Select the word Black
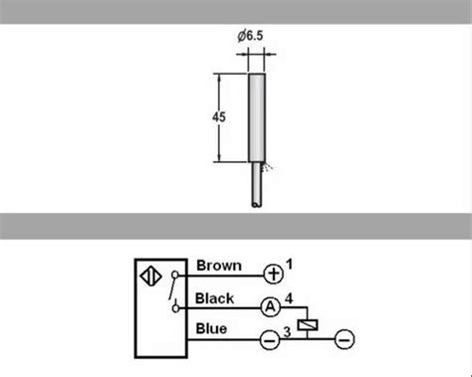click(x=215, y=298)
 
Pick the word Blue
click(x=211, y=328)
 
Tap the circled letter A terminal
click(x=269, y=308)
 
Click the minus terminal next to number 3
click(x=269, y=339)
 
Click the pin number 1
click(x=290, y=263)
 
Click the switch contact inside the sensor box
click(x=175, y=290)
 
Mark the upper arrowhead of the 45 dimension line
click(x=219, y=79)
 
